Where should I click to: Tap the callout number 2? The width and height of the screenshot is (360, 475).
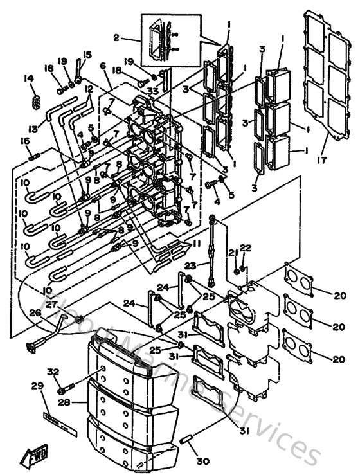click(x=116, y=37)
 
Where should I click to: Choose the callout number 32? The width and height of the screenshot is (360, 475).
click(x=53, y=372)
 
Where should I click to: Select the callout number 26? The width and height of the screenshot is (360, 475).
click(x=34, y=313)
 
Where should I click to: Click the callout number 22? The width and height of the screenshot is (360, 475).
click(x=244, y=248)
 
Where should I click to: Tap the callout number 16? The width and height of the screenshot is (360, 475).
click(x=25, y=141)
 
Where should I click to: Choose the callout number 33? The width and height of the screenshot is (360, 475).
click(x=152, y=93)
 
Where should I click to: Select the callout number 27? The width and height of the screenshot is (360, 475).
click(x=51, y=305)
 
